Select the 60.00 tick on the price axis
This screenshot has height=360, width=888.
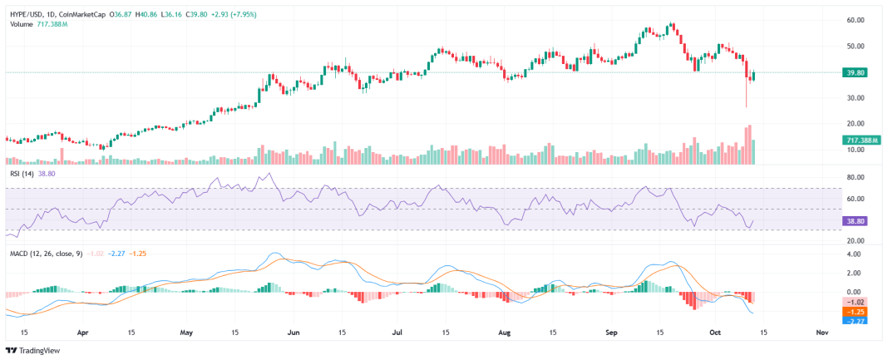coord(854,20)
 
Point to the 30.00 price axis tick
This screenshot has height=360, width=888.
coord(854,98)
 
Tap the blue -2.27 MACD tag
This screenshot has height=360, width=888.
coord(855,320)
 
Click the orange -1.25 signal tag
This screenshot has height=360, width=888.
coord(855,311)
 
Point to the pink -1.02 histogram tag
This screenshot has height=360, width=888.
coord(855,302)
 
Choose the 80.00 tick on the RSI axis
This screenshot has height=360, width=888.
coord(854,178)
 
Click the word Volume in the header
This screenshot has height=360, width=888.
coord(22,24)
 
